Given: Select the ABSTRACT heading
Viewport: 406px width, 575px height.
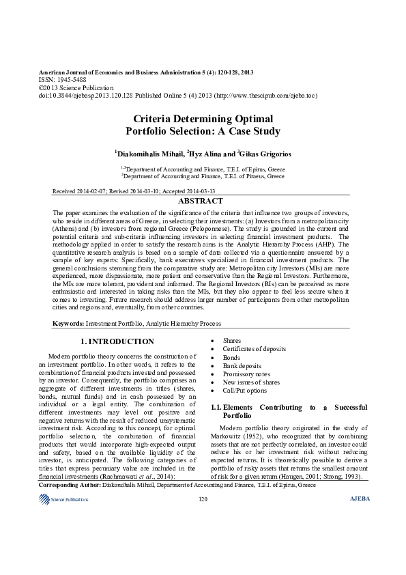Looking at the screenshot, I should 200,201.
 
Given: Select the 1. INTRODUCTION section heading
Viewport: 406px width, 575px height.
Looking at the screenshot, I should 117,341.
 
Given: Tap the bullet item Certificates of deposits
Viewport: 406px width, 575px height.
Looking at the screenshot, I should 255,349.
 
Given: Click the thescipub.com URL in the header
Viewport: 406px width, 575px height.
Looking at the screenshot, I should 277,96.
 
